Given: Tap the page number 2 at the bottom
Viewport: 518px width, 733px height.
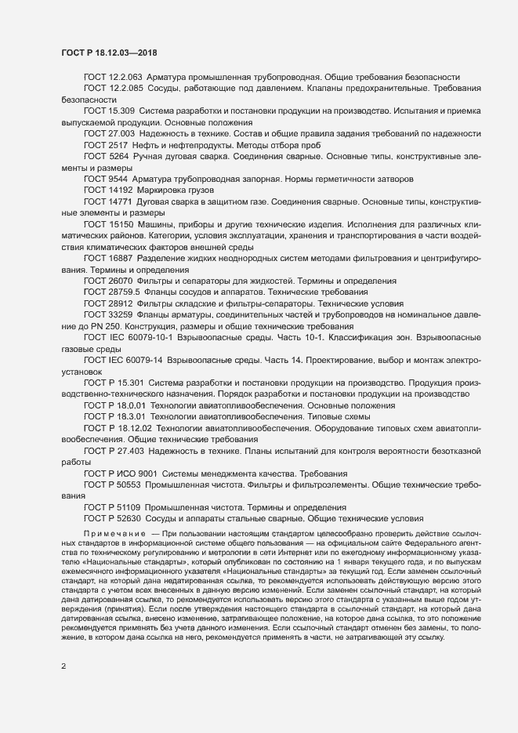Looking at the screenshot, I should tap(63, 668).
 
